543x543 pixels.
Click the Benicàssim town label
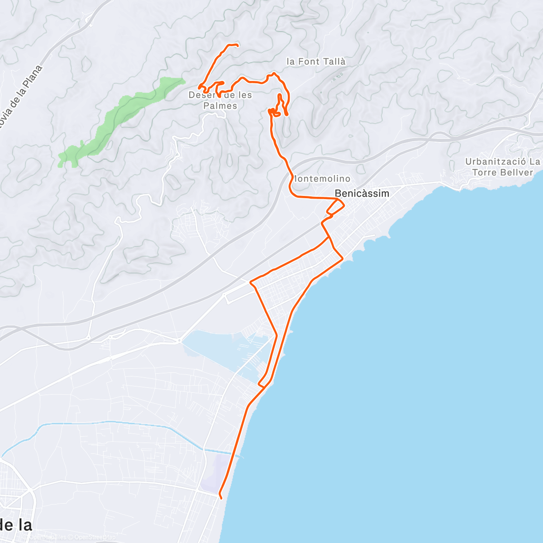point(362,194)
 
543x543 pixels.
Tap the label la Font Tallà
point(316,62)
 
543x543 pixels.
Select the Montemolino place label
point(322,179)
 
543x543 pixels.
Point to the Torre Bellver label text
point(502,172)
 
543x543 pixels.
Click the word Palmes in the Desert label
point(220,106)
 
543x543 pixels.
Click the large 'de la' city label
point(16,525)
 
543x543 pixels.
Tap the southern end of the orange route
point(220,497)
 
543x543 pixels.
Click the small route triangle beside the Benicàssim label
point(336,207)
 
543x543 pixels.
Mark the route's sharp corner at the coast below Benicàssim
point(342,258)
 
